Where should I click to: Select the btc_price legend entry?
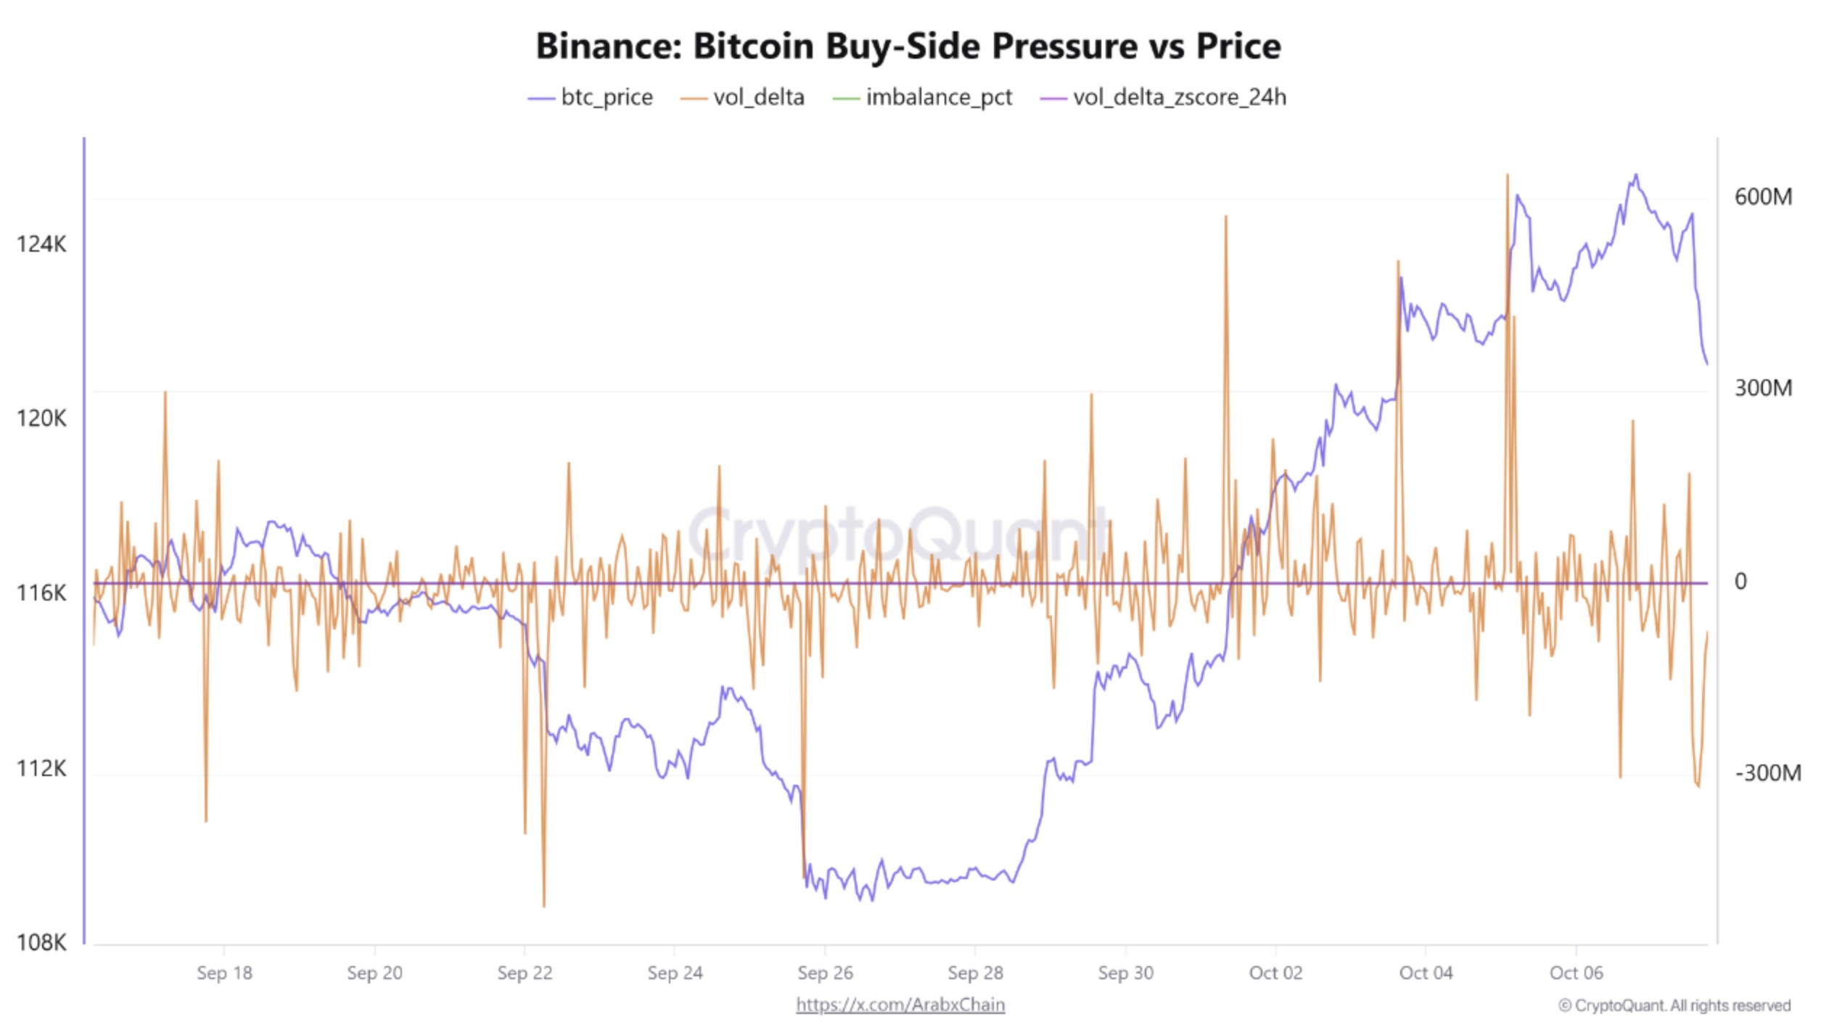point(591,97)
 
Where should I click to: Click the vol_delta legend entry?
point(743,97)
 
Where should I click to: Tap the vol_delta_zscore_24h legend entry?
point(1164,97)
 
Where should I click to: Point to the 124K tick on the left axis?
point(41,244)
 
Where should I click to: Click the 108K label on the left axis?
point(41,943)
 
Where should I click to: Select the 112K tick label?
point(41,768)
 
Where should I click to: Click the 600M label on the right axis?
point(1763,197)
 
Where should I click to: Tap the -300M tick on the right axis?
point(1767,773)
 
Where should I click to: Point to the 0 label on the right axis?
point(1740,582)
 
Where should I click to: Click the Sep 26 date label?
point(825,973)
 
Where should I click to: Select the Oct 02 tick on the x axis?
point(1275,973)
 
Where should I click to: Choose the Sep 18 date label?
point(224,973)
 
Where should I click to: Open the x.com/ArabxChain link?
point(900,1005)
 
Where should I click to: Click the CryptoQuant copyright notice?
point(1674,1006)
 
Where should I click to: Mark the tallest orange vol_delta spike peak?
point(1507,176)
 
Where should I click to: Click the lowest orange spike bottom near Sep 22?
point(543,906)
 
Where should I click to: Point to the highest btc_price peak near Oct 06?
point(1635,175)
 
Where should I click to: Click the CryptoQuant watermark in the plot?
point(898,535)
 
